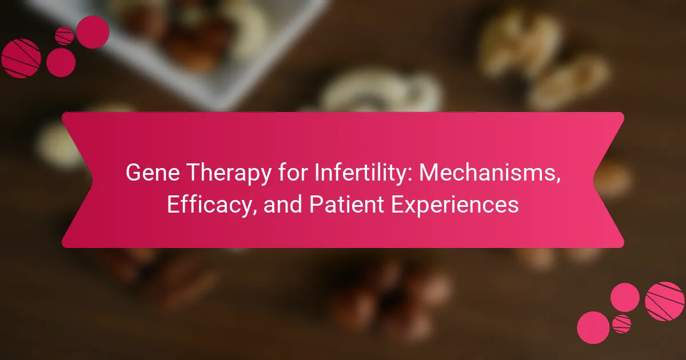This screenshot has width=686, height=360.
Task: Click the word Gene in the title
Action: (153, 173)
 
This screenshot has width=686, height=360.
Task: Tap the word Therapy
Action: (229, 174)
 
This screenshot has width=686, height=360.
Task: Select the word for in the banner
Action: (293, 172)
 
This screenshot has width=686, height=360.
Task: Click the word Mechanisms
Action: (487, 172)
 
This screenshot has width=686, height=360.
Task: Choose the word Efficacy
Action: (209, 205)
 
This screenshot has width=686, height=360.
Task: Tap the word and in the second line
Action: (282, 204)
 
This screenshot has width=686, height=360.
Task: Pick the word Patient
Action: (346, 204)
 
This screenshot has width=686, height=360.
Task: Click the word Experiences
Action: (455, 205)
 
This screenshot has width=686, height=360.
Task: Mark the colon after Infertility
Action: (409, 174)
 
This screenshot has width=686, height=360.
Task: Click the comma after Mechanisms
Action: (558, 179)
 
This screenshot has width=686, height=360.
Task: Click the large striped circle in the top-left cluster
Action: (21, 58)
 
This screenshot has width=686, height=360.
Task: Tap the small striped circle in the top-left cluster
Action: (64, 36)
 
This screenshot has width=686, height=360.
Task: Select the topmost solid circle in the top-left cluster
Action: (93, 32)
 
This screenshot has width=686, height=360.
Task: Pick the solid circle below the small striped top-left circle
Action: (61, 62)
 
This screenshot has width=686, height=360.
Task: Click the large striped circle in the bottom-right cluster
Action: (664, 301)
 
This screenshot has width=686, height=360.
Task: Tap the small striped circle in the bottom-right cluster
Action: (622, 324)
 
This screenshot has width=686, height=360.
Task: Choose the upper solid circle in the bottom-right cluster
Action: (625, 298)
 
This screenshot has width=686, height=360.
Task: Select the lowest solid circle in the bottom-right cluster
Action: (593, 327)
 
